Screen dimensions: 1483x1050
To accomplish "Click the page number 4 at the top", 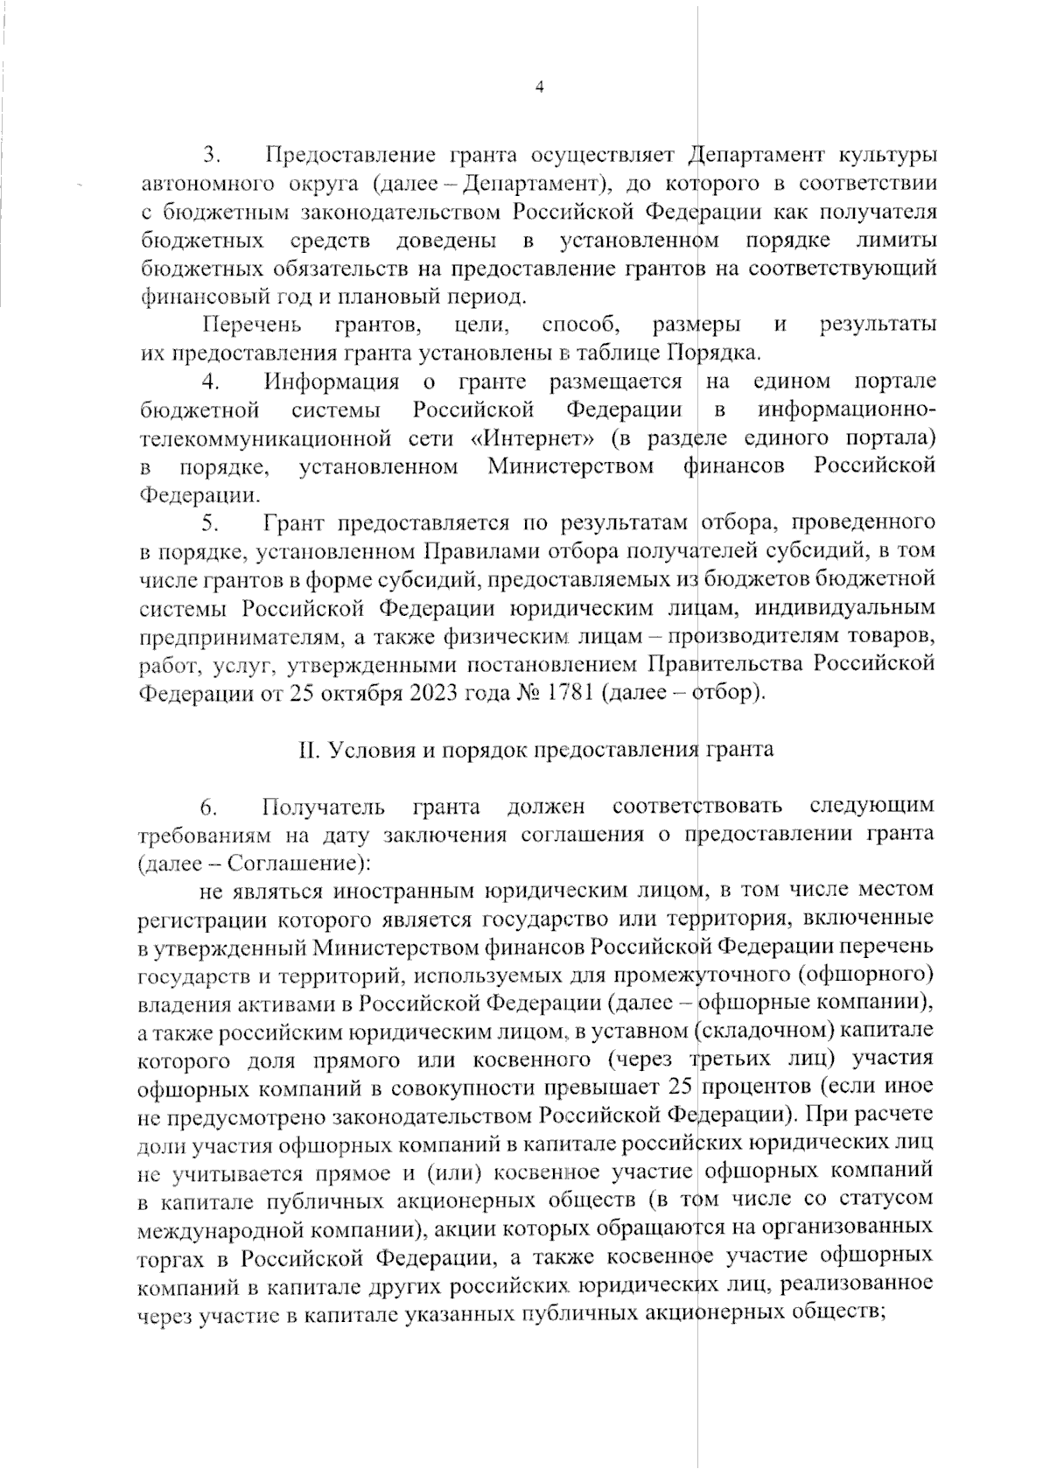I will (539, 87).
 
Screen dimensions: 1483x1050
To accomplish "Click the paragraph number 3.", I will (210, 156).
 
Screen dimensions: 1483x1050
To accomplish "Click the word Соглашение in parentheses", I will (290, 862).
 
